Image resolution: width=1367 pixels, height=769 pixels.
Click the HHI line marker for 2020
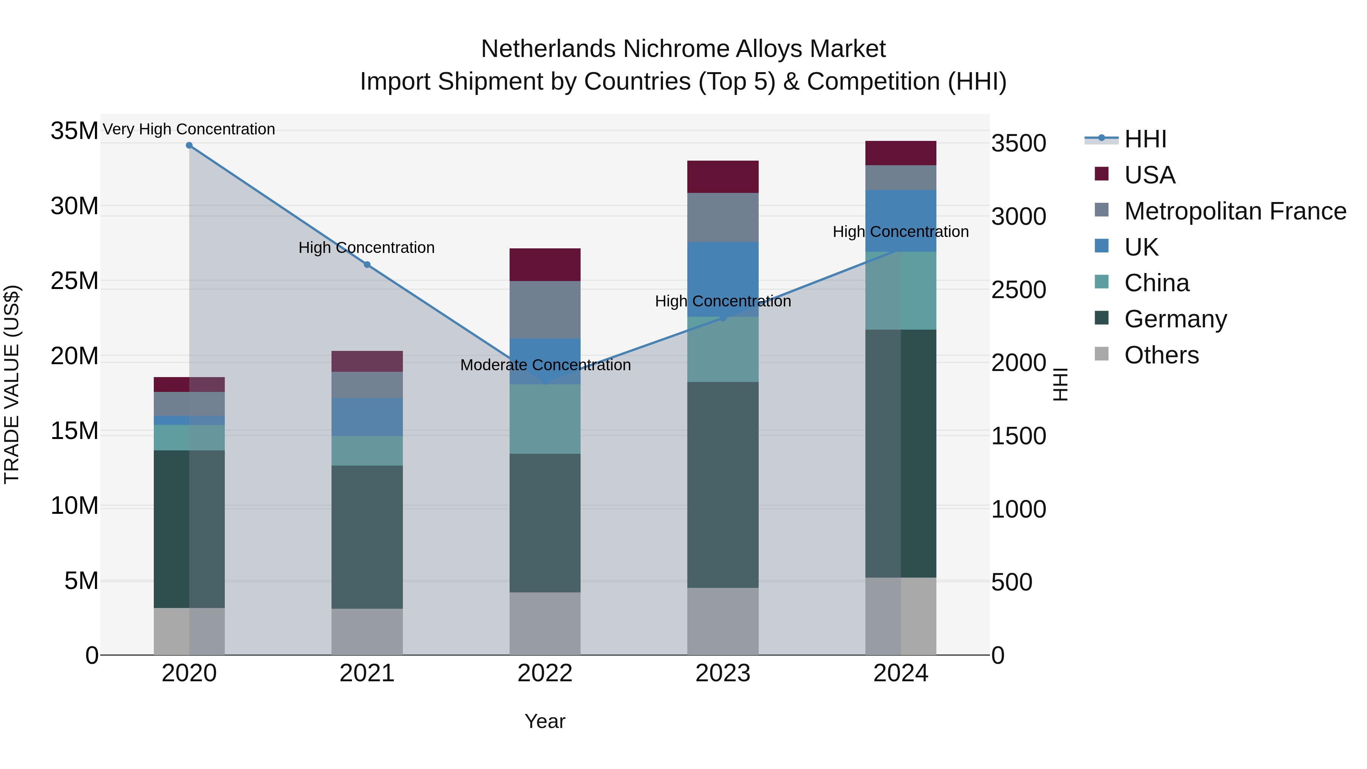click(x=189, y=145)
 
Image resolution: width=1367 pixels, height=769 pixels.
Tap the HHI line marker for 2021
click(x=367, y=265)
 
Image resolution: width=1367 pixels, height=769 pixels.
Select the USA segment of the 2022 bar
click(x=545, y=264)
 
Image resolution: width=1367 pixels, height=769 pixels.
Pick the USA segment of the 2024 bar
click(x=901, y=153)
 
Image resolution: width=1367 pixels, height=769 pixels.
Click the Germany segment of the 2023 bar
click(x=723, y=484)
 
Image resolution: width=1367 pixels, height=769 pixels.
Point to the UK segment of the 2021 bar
click(x=367, y=417)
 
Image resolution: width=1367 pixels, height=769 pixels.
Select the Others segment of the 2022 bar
click(x=545, y=623)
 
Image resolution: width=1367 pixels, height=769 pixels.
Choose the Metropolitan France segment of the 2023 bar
click(x=723, y=217)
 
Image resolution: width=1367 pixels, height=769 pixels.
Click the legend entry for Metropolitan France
click(x=1235, y=211)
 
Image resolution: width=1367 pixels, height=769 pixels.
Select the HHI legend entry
click(x=1145, y=139)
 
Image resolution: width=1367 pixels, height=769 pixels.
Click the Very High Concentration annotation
click(x=189, y=129)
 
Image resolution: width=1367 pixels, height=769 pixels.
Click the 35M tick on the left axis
click(x=74, y=131)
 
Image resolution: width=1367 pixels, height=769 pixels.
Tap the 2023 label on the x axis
click(x=723, y=673)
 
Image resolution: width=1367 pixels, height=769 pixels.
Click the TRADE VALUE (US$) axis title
click(x=12, y=384)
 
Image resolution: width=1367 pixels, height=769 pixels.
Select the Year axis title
click(x=545, y=721)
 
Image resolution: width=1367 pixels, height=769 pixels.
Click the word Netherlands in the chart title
click(x=548, y=49)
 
